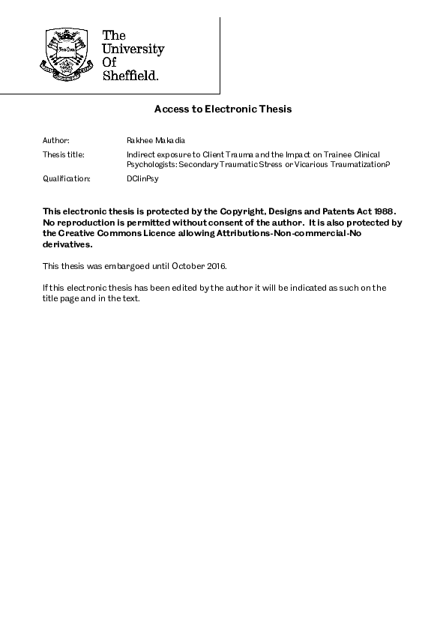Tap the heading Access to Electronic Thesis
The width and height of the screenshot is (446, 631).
pos(223,109)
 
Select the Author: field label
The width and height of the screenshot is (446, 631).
pos(55,140)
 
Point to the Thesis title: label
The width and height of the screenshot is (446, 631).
pos(63,154)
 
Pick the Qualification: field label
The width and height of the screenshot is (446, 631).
pos(66,179)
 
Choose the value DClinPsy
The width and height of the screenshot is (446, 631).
pos(143,179)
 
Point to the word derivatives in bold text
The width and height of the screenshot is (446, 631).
pos(67,244)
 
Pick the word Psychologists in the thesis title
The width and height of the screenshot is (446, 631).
pos(151,164)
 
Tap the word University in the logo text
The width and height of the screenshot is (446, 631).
pos(133,49)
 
